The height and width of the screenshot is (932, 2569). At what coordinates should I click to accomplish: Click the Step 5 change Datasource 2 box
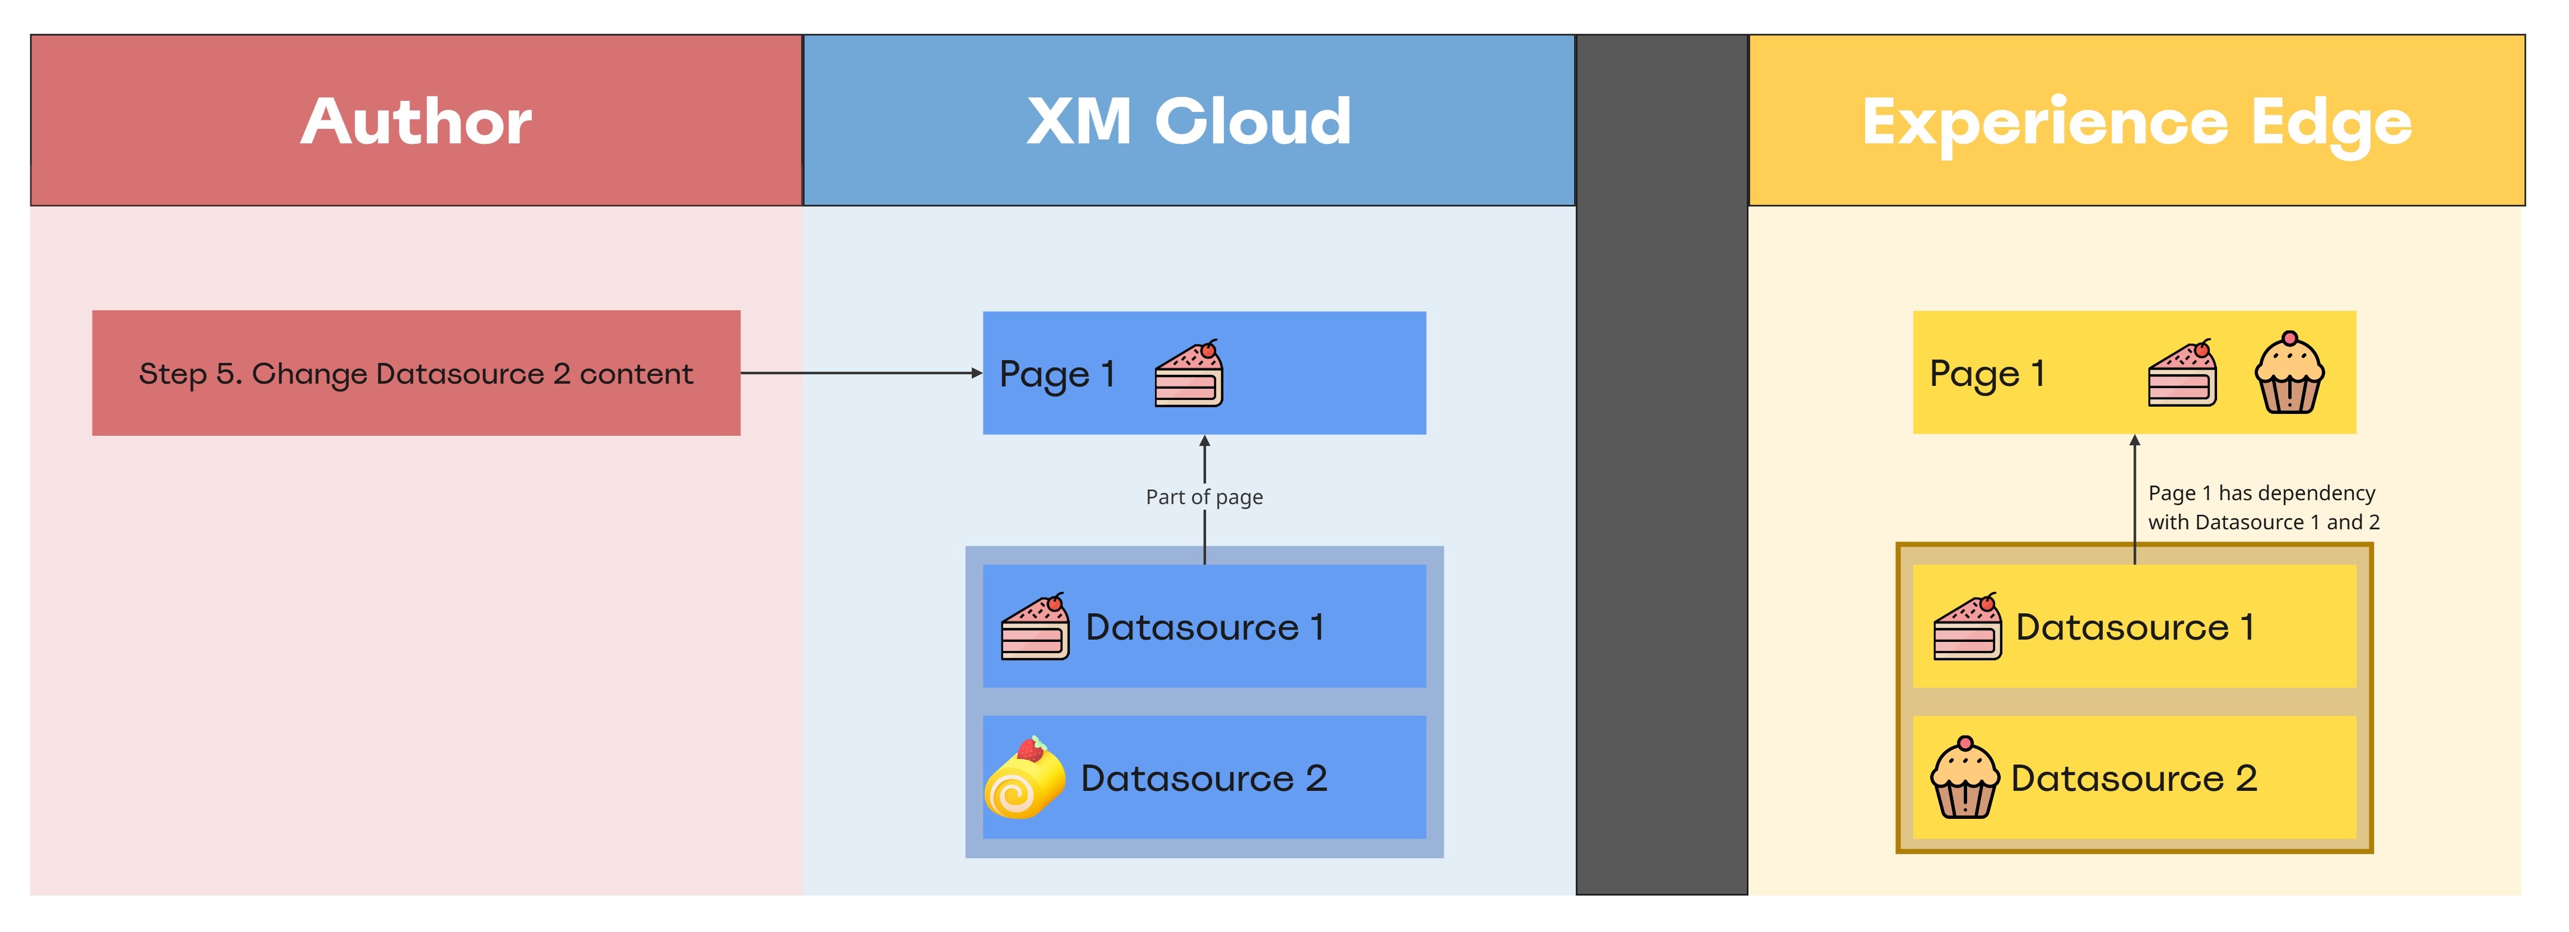coord(416,373)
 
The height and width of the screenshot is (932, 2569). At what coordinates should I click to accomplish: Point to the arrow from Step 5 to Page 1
coord(861,373)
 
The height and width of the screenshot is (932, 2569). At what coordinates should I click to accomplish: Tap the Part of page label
coord(1204,496)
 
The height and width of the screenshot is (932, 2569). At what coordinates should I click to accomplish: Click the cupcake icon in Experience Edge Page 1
coord(2289,374)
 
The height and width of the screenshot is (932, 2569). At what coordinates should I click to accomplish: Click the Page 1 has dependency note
coord(2263,507)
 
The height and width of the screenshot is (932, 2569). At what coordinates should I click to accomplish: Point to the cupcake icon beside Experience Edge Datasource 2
coord(1965,779)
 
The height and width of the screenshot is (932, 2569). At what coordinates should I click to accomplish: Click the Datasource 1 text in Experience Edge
coord(2134,627)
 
